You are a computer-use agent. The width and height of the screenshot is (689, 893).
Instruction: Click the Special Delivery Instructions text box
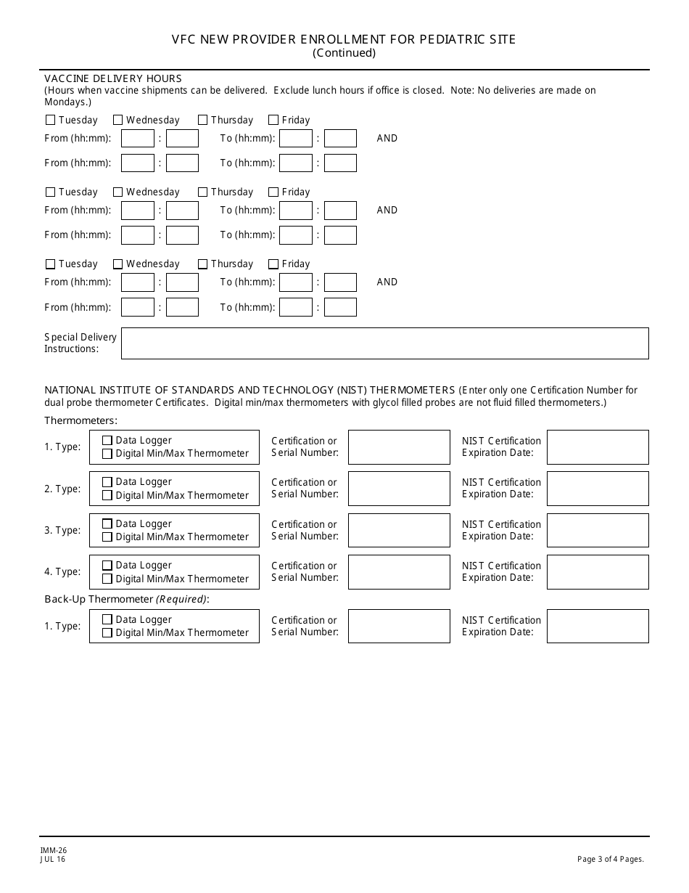click(x=384, y=343)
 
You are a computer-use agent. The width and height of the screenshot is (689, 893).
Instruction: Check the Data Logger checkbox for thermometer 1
click(x=107, y=441)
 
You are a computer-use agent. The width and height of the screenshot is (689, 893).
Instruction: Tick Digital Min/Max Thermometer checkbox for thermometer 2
click(x=107, y=496)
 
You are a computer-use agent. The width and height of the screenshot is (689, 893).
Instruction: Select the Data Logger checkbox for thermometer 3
click(x=107, y=523)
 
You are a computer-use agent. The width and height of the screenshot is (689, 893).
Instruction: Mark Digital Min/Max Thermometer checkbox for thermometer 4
click(x=107, y=579)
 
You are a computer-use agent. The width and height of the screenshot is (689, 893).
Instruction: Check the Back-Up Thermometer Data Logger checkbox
click(x=107, y=620)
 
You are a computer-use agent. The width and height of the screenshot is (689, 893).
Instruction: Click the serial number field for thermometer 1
click(x=399, y=447)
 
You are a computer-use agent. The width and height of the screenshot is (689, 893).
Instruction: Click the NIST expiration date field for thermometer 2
click(x=598, y=489)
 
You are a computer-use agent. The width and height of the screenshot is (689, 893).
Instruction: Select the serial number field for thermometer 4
click(x=399, y=572)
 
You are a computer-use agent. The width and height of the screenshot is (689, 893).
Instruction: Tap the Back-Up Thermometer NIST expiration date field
click(x=598, y=626)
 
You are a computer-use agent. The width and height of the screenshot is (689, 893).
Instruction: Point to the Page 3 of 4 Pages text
click(x=610, y=860)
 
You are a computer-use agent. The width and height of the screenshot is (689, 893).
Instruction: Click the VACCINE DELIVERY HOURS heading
click(x=113, y=78)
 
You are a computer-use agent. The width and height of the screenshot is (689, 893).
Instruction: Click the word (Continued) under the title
click(x=344, y=53)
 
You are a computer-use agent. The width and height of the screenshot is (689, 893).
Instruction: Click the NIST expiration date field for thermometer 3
click(x=598, y=530)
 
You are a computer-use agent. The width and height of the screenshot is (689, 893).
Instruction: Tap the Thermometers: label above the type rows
click(x=81, y=420)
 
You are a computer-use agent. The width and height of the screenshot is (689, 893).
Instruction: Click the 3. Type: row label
click(x=62, y=530)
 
